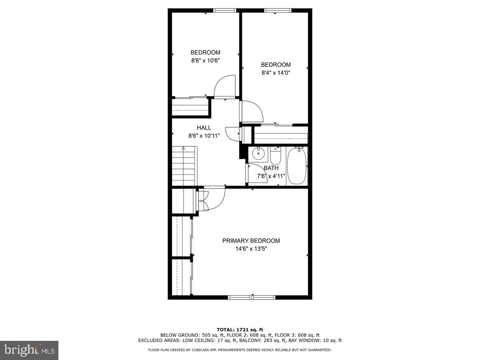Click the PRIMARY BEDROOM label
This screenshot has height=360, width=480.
(x=251, y=241)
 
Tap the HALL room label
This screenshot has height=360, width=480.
(x=204, y=128)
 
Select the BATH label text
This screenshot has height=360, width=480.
(x=271, y=168)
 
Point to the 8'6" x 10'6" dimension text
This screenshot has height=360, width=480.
(x=205, y=60)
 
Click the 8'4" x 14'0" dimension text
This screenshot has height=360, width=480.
(x=276, y=73)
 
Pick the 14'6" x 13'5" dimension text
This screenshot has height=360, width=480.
(x=251, y=249)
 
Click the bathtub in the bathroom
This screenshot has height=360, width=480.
(x=297, y=166)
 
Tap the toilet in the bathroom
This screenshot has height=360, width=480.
(x=276, y=155)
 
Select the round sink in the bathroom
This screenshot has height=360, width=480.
(x=258, y=153)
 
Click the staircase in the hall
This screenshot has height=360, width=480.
(x=184, y=166)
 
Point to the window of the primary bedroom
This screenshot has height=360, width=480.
(x=252, y=297)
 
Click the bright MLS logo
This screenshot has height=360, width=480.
(x=29, y=350)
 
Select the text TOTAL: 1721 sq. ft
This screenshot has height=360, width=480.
(x=240, y=330)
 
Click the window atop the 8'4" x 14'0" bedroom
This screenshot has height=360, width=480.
(x=275, y=10)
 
